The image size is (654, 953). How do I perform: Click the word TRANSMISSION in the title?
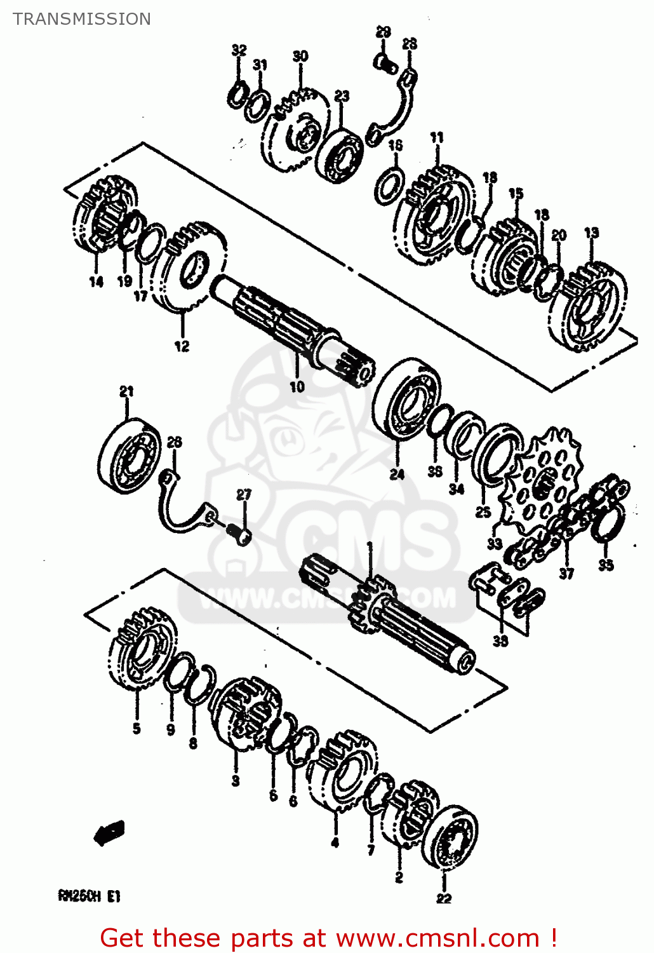[82, 19]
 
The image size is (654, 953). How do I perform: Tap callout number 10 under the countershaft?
[297, 386]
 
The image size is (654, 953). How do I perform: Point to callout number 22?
[443, 898]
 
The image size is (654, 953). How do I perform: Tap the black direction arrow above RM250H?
[109, 832]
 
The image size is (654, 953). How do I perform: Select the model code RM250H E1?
[89, 896]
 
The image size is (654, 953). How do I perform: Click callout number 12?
[182, 346]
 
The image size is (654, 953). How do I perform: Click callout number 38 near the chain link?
[500, 641]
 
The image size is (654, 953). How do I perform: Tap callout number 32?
[239, 50]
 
